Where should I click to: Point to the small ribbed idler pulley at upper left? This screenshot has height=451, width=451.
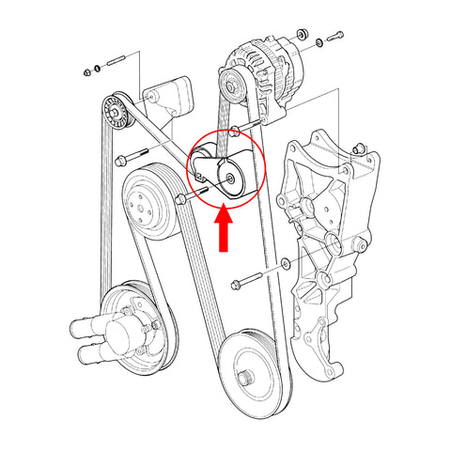pos(117,110)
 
